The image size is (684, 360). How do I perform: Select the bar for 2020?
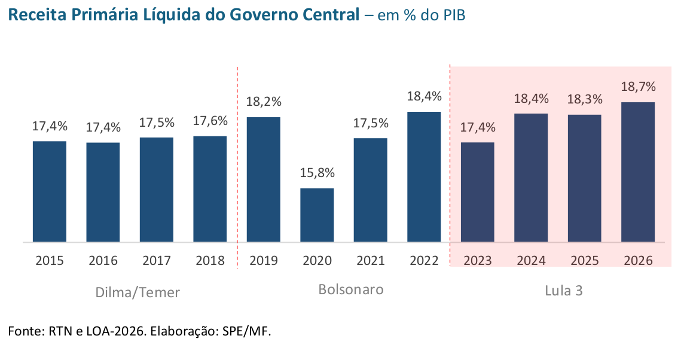point(317,215)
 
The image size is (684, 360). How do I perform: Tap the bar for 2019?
point(264,179)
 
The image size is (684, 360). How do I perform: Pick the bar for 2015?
point(50,191)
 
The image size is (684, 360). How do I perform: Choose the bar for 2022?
point(424,177)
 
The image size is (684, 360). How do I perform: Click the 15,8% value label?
point(317,173)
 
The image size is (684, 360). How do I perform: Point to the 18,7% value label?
point(638,87)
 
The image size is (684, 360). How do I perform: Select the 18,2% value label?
point(264,102)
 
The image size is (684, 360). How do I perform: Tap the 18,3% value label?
point(584,99)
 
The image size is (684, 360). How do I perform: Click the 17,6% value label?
point(210,121)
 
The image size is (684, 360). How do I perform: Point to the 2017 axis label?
point(157,261)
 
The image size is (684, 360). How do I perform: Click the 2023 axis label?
point(477,261)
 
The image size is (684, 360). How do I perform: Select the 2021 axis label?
point(371,261)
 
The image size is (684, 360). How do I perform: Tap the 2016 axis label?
point(103,261)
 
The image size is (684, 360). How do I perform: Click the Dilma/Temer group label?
point(138,292)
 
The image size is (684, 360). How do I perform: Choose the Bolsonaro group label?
point(350,290)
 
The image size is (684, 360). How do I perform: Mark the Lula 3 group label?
point(563,291)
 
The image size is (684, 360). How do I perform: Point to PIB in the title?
point(452,16)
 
